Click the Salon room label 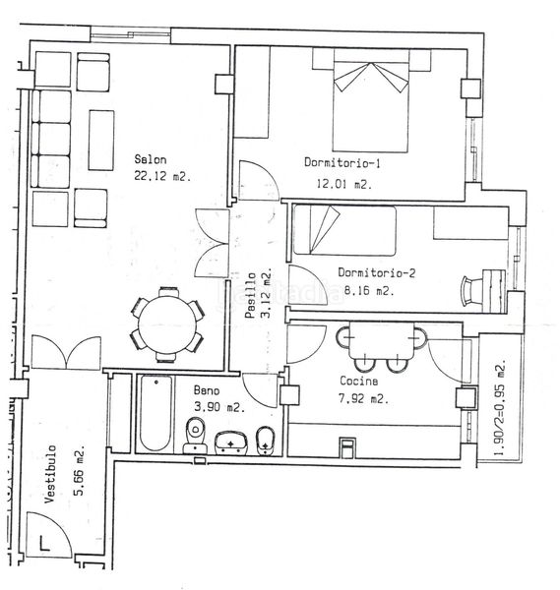(x=151, y=159)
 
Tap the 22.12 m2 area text (x=162, y=176)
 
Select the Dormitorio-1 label (x=342, y=162)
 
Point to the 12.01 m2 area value (x=343, y=184)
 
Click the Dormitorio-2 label (x=376, y=272)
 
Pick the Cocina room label (x=359, y=381)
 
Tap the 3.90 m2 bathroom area (x=219, y=406)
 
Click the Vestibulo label (x=50, y=474)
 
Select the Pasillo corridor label (x=250, y=295)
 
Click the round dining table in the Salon (x=167, y=324)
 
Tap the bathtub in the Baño (x=156, y=413)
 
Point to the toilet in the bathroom (x=195, y=435)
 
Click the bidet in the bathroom (x=265, y=441)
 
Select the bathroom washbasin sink (x=231, y=442)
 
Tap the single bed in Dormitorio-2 (x=344, y=230)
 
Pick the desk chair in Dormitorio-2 (x=472, y=290)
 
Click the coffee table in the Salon (x=101, y=140)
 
